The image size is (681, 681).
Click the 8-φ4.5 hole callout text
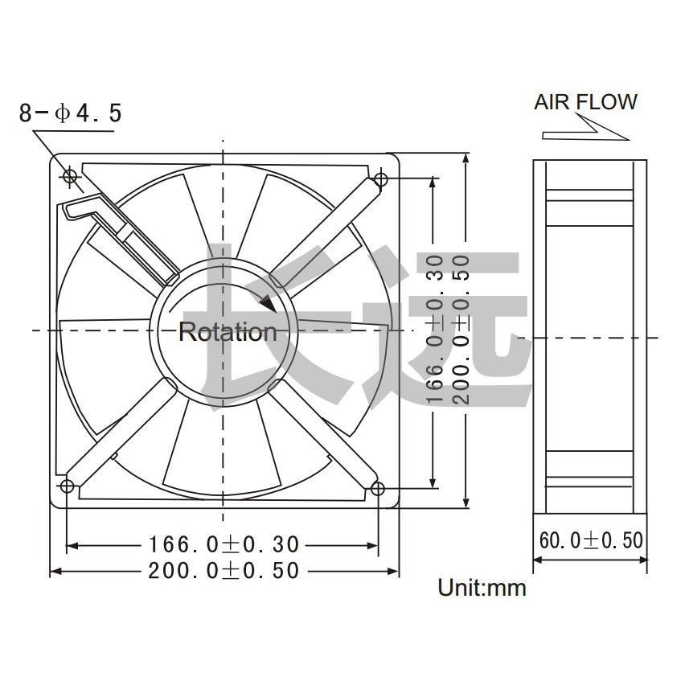(x=71, y=113)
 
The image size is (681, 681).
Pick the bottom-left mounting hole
(x=67, y=486)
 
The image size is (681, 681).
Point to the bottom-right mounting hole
(x=377, y=487)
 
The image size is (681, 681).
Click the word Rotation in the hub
(x=227, y=332)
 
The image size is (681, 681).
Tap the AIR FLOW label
(x=585, y=102)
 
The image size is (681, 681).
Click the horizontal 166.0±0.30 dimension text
(x=223, y=545)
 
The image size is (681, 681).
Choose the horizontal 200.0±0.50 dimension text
(x=223, y=571)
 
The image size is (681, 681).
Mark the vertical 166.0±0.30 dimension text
(x=434, y=330)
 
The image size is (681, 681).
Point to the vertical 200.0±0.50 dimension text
(x=461, y=330)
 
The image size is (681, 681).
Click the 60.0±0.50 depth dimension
(x=591, y=539)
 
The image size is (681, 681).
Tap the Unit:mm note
(x=482, y=588)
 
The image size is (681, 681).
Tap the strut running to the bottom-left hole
(x=121, y=434)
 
